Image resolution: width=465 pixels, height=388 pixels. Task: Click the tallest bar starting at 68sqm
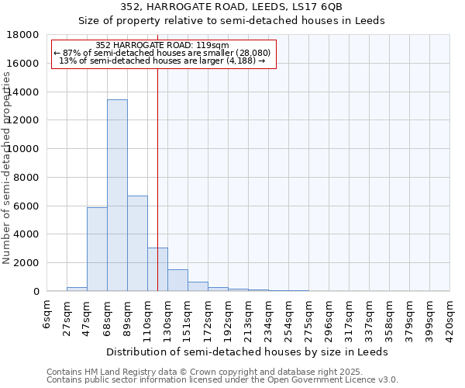tap(117, 196)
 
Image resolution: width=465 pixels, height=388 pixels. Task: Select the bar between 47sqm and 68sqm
tap(97, 249)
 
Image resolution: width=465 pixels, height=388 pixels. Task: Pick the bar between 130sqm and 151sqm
tap(177, 280)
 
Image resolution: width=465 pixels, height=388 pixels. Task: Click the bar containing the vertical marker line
tap(157, 269)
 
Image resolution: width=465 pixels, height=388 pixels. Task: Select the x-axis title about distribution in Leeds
tap(248, 352)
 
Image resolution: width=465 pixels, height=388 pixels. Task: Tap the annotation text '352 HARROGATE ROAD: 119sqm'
tap(163, 45)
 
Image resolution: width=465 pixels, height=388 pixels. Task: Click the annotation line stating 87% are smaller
tap(163, 53)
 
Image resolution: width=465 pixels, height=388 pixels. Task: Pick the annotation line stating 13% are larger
tap(163, 61)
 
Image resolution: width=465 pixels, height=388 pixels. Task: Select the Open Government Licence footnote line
tap(222, 380)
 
